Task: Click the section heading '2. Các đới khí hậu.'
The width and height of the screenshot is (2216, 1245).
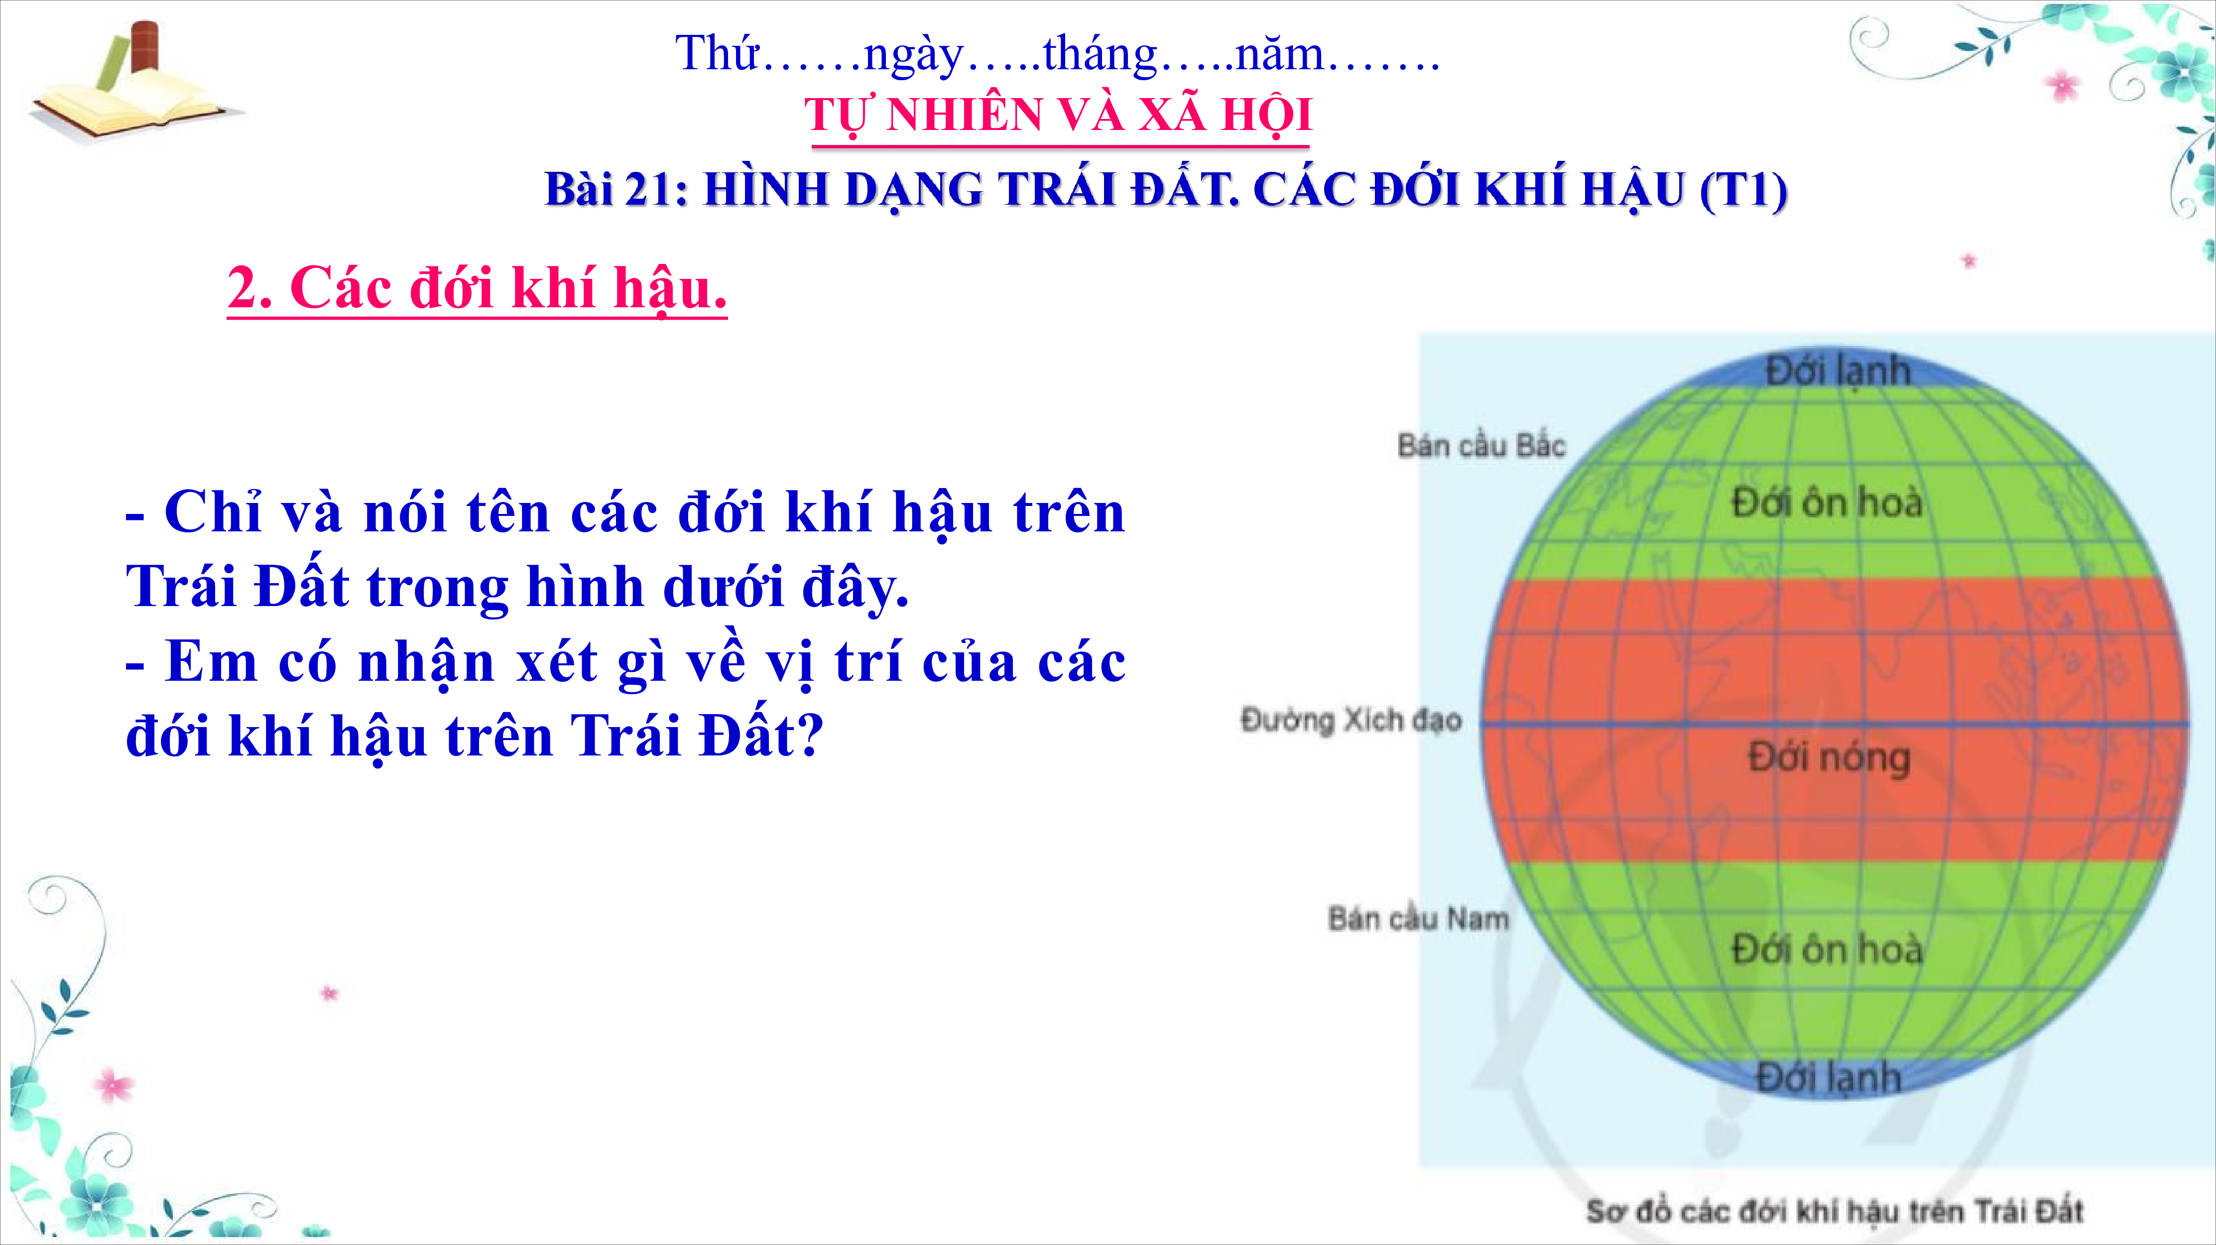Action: (478, 288)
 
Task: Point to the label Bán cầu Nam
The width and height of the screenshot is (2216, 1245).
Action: (1419, 918)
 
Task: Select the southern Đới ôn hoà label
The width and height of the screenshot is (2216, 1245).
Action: (1826, 949)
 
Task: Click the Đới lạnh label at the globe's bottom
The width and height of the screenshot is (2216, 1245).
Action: (1828, 1077)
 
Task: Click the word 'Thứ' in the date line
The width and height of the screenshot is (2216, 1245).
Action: (717, 52)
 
